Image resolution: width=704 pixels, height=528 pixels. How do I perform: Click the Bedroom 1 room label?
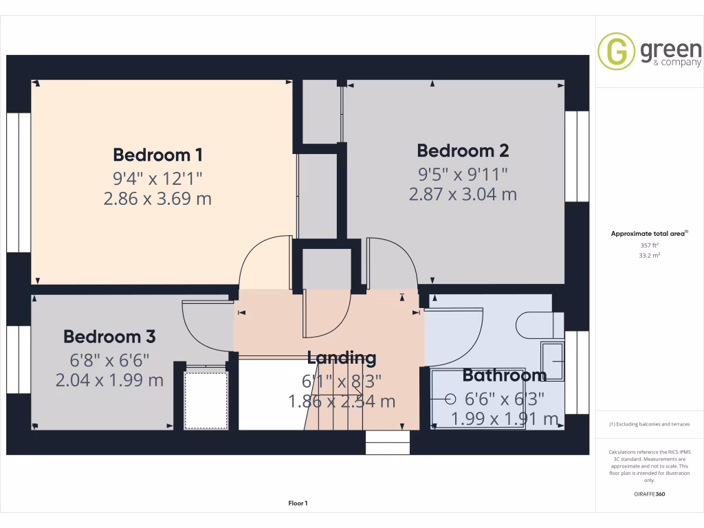(158, 154)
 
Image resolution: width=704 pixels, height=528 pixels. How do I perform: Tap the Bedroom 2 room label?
(463, 150)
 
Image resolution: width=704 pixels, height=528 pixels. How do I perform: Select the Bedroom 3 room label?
(109, 336)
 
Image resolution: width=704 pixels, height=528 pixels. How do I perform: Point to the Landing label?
(342, 357)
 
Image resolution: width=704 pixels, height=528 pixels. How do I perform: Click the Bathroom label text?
(504, 375)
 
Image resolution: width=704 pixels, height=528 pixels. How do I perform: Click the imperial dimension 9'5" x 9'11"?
(463, 173)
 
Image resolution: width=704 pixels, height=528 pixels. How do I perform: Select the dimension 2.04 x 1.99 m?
(109, 379)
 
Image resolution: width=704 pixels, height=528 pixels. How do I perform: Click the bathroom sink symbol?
(553, 360)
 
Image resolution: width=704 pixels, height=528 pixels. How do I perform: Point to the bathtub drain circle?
(451, 398)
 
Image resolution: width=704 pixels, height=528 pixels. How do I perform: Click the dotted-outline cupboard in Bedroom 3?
(206, 399)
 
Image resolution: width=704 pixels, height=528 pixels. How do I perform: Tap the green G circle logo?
(616, 52)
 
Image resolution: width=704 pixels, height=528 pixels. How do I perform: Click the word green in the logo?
(670, 49)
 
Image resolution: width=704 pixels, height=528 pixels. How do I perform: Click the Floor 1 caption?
(298, 503)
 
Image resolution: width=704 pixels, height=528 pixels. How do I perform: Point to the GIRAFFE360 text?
(649, 494)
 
